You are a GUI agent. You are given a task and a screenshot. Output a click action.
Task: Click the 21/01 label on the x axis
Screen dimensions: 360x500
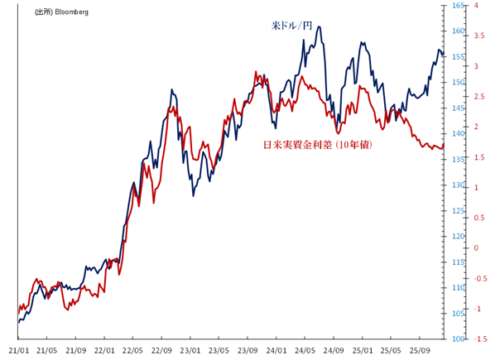point(18,349)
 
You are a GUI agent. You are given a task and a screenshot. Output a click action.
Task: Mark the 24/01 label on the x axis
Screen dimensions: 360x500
point(276,349)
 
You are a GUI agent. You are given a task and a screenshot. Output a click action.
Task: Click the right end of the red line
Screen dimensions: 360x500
point(445,145)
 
